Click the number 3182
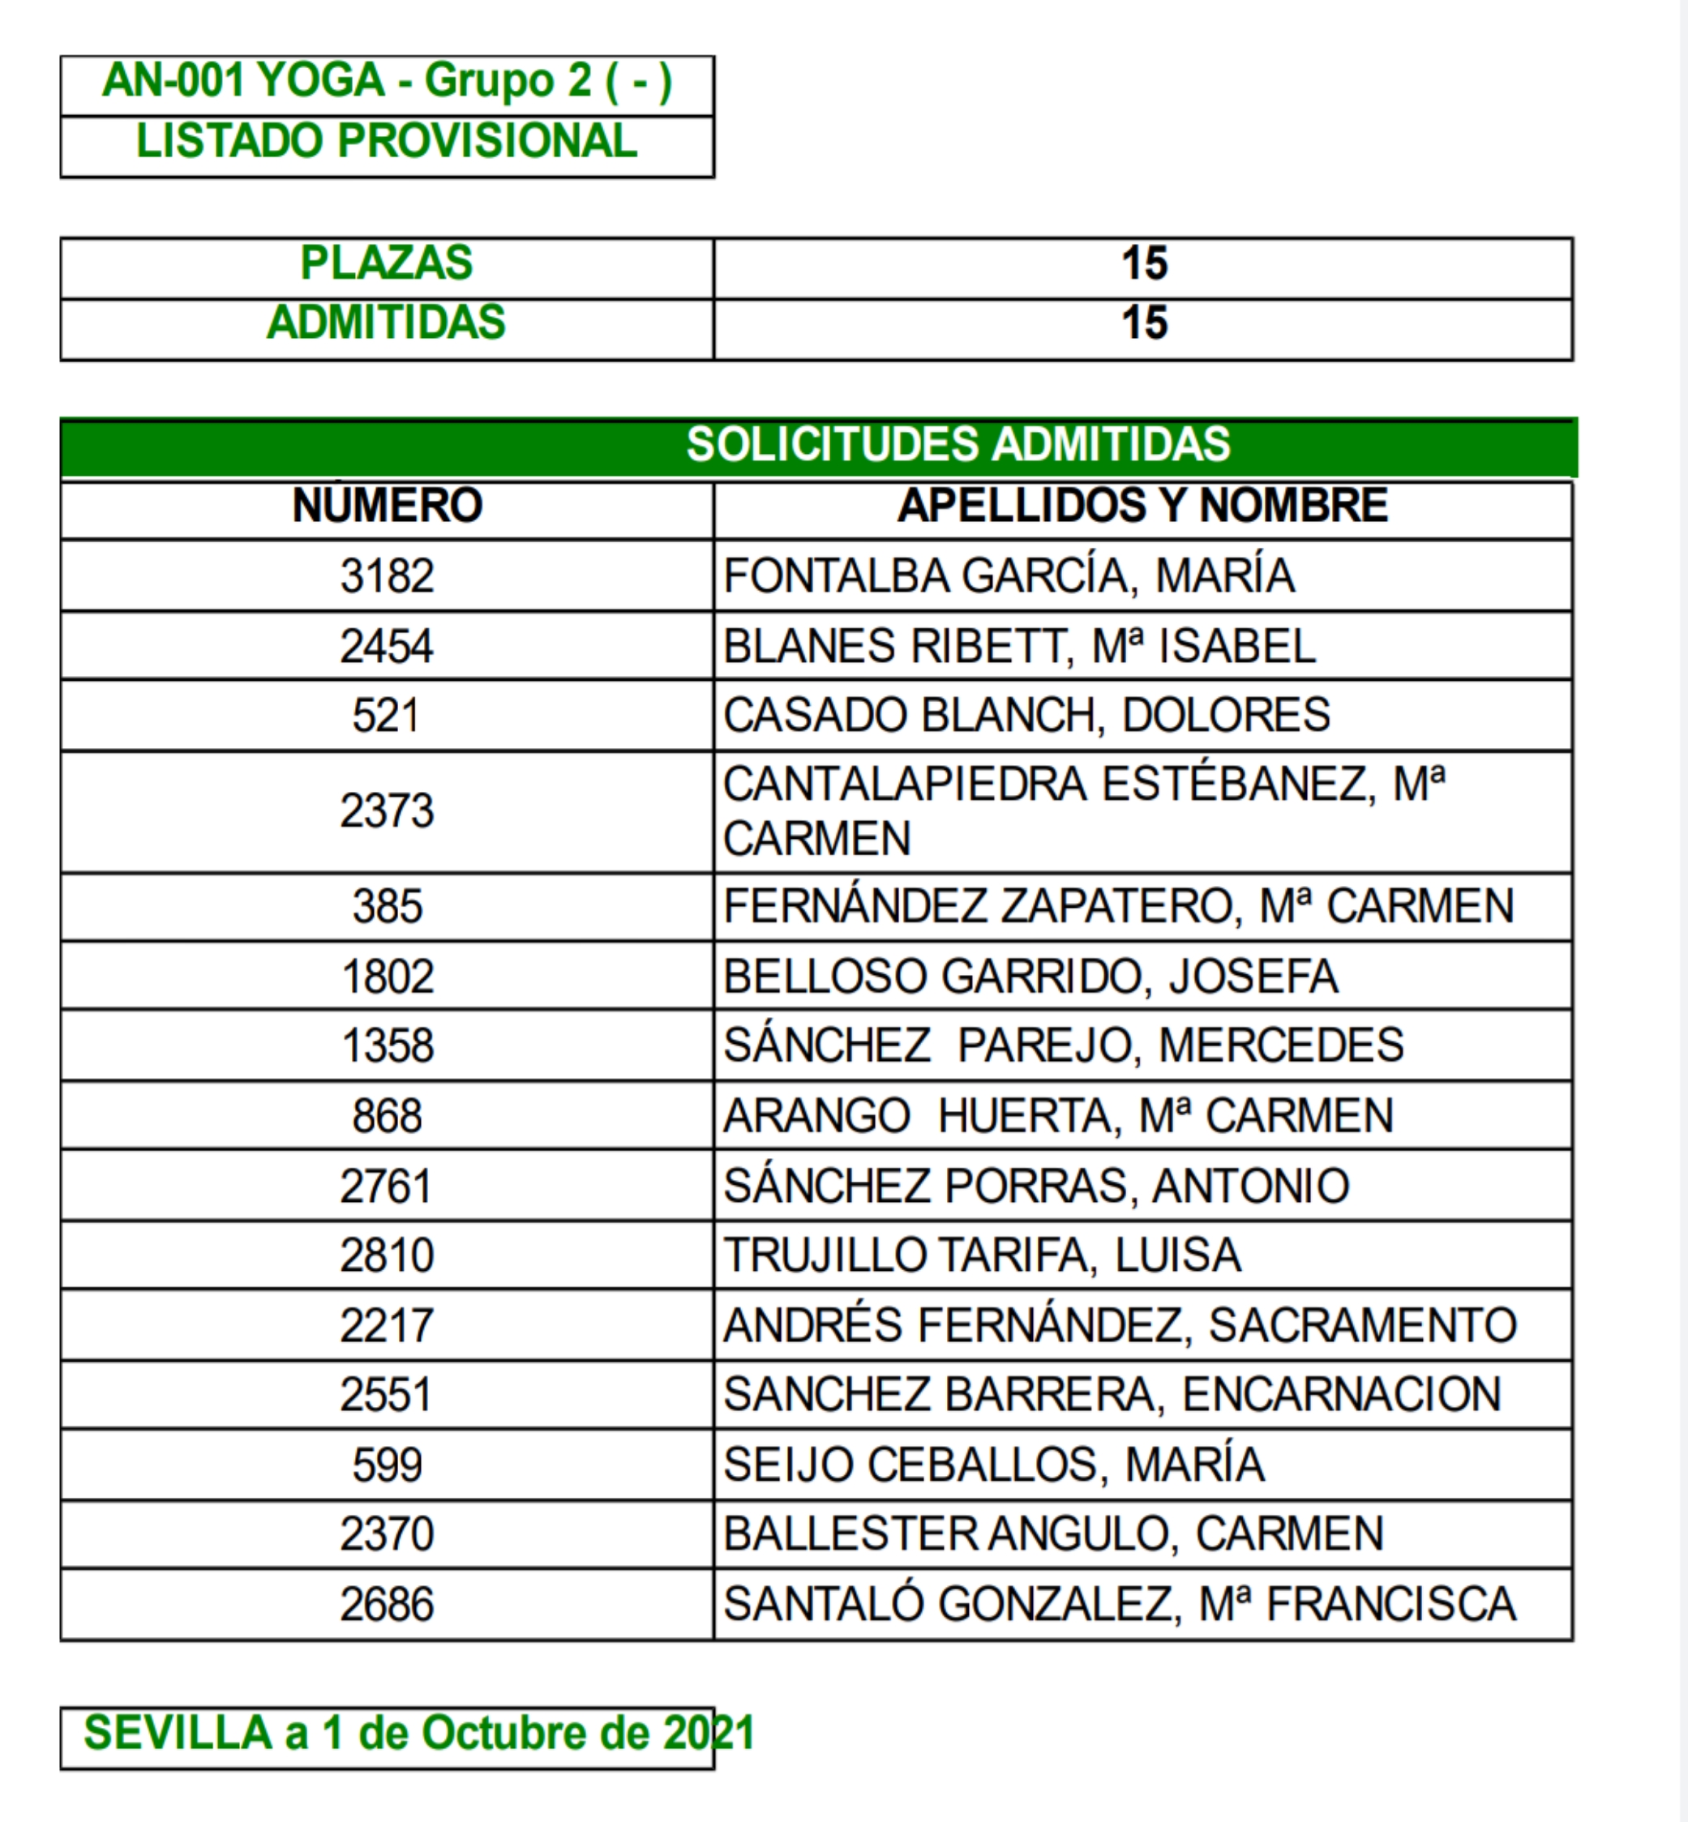tap(387, 576)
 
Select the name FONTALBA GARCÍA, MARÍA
tap(1009, 576)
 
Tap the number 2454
tap(387, 647)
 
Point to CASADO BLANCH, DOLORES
tap(1026, 715)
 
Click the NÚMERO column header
tap(387, 506)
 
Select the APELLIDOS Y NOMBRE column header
tap(1142, 506)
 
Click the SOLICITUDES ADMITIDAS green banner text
tap(958, 445)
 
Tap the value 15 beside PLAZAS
tap(1144, 264)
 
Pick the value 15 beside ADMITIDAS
tap(1144, 323)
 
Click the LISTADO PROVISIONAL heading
tap(387, 142)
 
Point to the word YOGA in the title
tap(319, 80)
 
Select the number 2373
tap(387, 811)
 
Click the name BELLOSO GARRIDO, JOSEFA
tap(1030, 977)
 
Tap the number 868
tap(387, 1116)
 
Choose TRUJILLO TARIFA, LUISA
tap(982, 1255)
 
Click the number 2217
tap(387, 1325)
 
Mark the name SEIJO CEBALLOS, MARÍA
tap(994, 1465)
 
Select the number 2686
tap(387, 1605)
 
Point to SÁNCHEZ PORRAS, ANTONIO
tap(1036, 1187)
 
